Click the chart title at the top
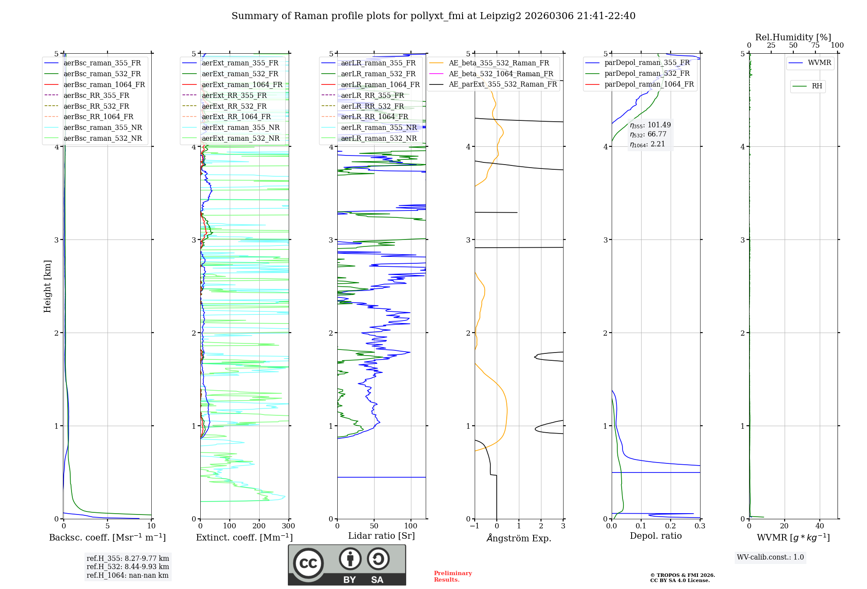point(433,16)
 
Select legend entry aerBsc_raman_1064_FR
point(104,84)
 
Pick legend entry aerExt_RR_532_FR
point(234,106)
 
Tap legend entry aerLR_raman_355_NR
point(378,127)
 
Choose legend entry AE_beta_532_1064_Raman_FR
point(501,74)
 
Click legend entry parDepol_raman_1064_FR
point(649,84)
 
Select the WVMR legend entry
point(819,63)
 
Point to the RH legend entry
point(817,86)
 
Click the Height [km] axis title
point(47,286)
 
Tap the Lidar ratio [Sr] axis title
point(381,536)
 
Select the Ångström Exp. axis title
point(519,538)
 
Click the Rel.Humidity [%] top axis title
point(793,37)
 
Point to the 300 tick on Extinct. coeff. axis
point(288,526)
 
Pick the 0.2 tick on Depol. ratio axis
point(670,526)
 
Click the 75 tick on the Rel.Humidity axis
point(815,45)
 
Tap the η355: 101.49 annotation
point(650,125)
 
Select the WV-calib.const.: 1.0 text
point(770,557)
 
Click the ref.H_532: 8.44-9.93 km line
point(128,566)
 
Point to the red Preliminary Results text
point(453,576)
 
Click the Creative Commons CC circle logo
point(308,563)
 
